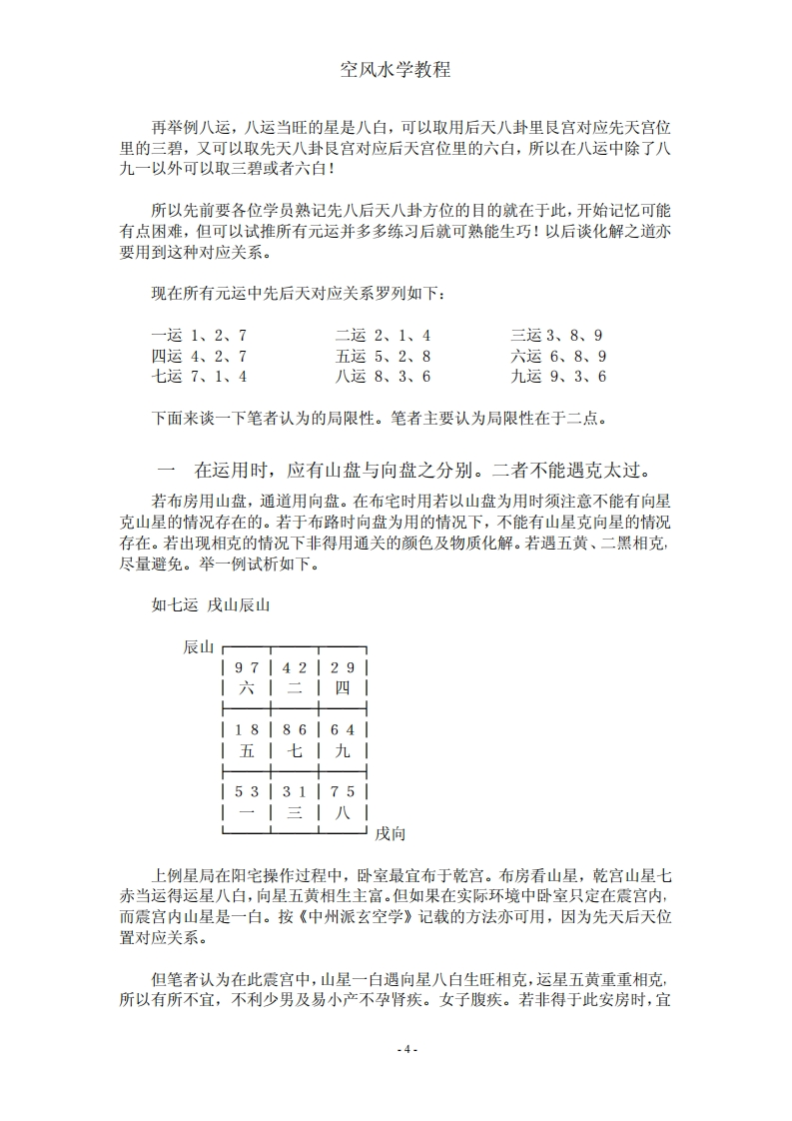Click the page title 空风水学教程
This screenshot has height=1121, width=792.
point(396,70)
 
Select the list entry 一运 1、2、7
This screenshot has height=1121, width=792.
point(199,336)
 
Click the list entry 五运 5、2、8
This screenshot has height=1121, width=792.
point(383,356)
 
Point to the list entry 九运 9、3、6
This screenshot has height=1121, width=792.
point(558,377)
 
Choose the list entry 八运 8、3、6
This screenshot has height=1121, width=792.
point(383,377)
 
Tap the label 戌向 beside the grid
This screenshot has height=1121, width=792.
point(390,833)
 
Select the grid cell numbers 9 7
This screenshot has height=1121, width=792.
point(247,668)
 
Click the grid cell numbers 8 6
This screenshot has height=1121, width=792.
point(296,730)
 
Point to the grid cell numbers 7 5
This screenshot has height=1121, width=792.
point(344,792)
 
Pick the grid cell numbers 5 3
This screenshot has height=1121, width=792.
point(247,792)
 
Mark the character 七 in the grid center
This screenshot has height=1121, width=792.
point(296,750)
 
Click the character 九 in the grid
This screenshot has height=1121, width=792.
point(344,750)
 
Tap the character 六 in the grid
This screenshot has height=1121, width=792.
point(247,688)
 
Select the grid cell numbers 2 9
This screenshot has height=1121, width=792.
point(344,668)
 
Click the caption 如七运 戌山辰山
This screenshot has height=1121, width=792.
point(211,604)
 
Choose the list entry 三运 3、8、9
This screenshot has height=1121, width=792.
point(558,336)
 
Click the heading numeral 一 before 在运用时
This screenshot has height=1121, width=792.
point(167,470)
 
